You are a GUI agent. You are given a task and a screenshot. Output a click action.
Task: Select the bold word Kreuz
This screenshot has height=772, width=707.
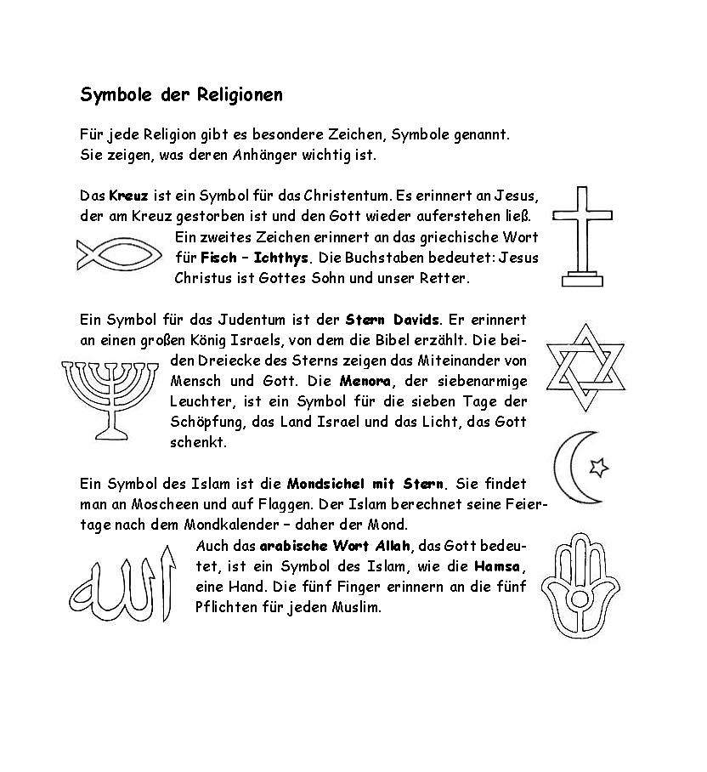click(x=128, y=195)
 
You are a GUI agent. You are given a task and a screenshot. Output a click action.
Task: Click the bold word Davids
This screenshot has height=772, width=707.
click(x=415, y=320)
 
